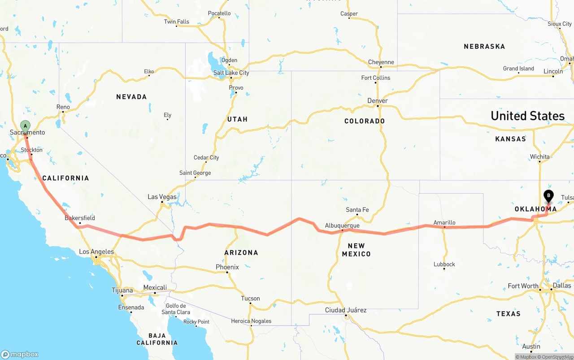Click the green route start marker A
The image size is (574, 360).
25,126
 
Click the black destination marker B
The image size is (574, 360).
548,196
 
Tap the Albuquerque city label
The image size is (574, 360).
342,226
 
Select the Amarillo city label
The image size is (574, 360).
444,222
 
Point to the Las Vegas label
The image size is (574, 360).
162,197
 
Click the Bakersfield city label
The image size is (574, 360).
80,218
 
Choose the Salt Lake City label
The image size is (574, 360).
231,73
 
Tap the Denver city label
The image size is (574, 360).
378,101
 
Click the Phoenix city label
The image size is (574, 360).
227,267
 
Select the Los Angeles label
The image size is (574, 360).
96,252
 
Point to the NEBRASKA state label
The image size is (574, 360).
484,46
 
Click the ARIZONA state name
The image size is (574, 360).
241,252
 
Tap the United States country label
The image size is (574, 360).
527,116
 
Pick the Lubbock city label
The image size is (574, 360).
444,264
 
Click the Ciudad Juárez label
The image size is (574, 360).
346,310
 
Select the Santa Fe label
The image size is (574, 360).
357,210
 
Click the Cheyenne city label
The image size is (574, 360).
381,62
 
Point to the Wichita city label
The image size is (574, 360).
539,156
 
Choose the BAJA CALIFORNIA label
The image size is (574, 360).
157,339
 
